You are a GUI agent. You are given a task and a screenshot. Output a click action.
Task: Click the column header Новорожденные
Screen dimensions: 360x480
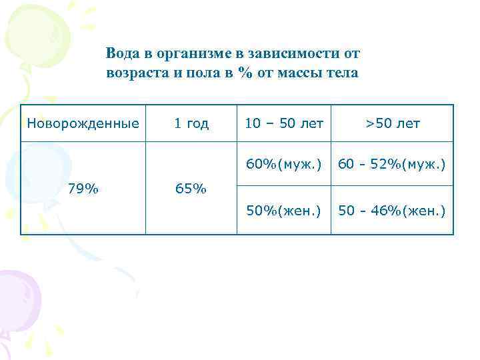(x=83, y=123)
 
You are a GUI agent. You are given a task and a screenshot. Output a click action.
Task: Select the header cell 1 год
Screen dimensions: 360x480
(x=191, y=123)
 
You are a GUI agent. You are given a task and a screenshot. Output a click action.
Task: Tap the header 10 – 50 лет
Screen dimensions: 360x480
(x=284, y=123)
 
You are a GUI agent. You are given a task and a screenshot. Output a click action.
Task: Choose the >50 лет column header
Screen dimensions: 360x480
(x=392, y=123)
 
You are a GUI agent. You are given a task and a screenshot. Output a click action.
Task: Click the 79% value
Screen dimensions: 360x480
(x=83, y=189)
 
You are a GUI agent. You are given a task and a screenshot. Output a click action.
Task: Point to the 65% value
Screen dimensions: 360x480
(x=191, y=189)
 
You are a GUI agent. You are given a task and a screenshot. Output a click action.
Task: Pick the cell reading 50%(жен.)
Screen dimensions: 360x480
(x=284, y=211)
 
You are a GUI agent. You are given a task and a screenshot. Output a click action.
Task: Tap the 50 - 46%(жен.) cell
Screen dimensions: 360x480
(x=392, y=211)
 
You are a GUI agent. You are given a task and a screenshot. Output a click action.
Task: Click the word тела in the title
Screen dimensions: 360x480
(x=343, y=73)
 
